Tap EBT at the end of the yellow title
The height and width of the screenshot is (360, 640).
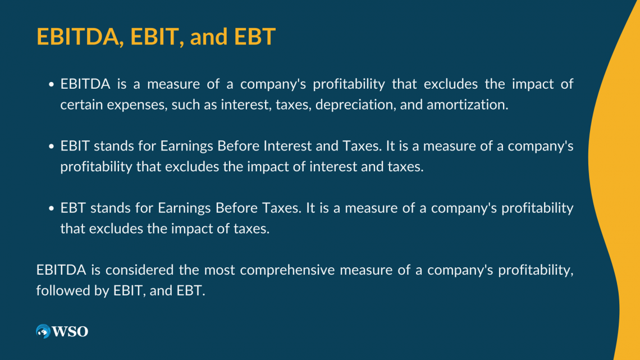255,37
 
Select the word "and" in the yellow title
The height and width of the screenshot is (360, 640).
209,37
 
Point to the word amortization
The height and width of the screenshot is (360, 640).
467,104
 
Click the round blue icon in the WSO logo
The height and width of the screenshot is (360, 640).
43,331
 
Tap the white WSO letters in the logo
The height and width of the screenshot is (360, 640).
70,331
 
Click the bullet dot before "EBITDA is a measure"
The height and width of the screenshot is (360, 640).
51,84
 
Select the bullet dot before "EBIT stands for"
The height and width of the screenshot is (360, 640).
51,147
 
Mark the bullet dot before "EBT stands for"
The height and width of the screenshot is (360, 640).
51,208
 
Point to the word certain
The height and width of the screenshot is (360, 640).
81,104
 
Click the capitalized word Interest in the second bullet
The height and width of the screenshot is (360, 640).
287,145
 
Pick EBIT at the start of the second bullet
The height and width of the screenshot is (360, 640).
75,145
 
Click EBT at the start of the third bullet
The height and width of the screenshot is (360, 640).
73,208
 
